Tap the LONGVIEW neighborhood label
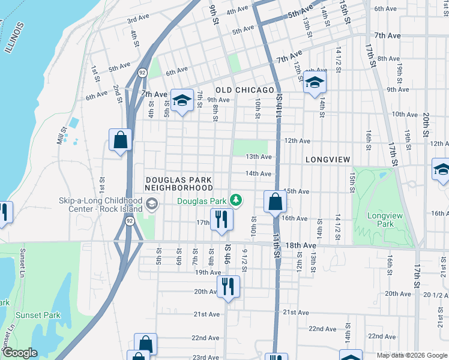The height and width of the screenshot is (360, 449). (328, 160)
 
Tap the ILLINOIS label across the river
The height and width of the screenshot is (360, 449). (14, 38)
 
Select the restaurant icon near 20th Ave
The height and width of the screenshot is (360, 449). (228, 286)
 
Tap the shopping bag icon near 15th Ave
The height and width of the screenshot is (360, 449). (275, 202)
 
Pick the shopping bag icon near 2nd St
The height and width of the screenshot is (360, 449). (120, 140)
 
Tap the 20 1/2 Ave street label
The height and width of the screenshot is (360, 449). (436, 295)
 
